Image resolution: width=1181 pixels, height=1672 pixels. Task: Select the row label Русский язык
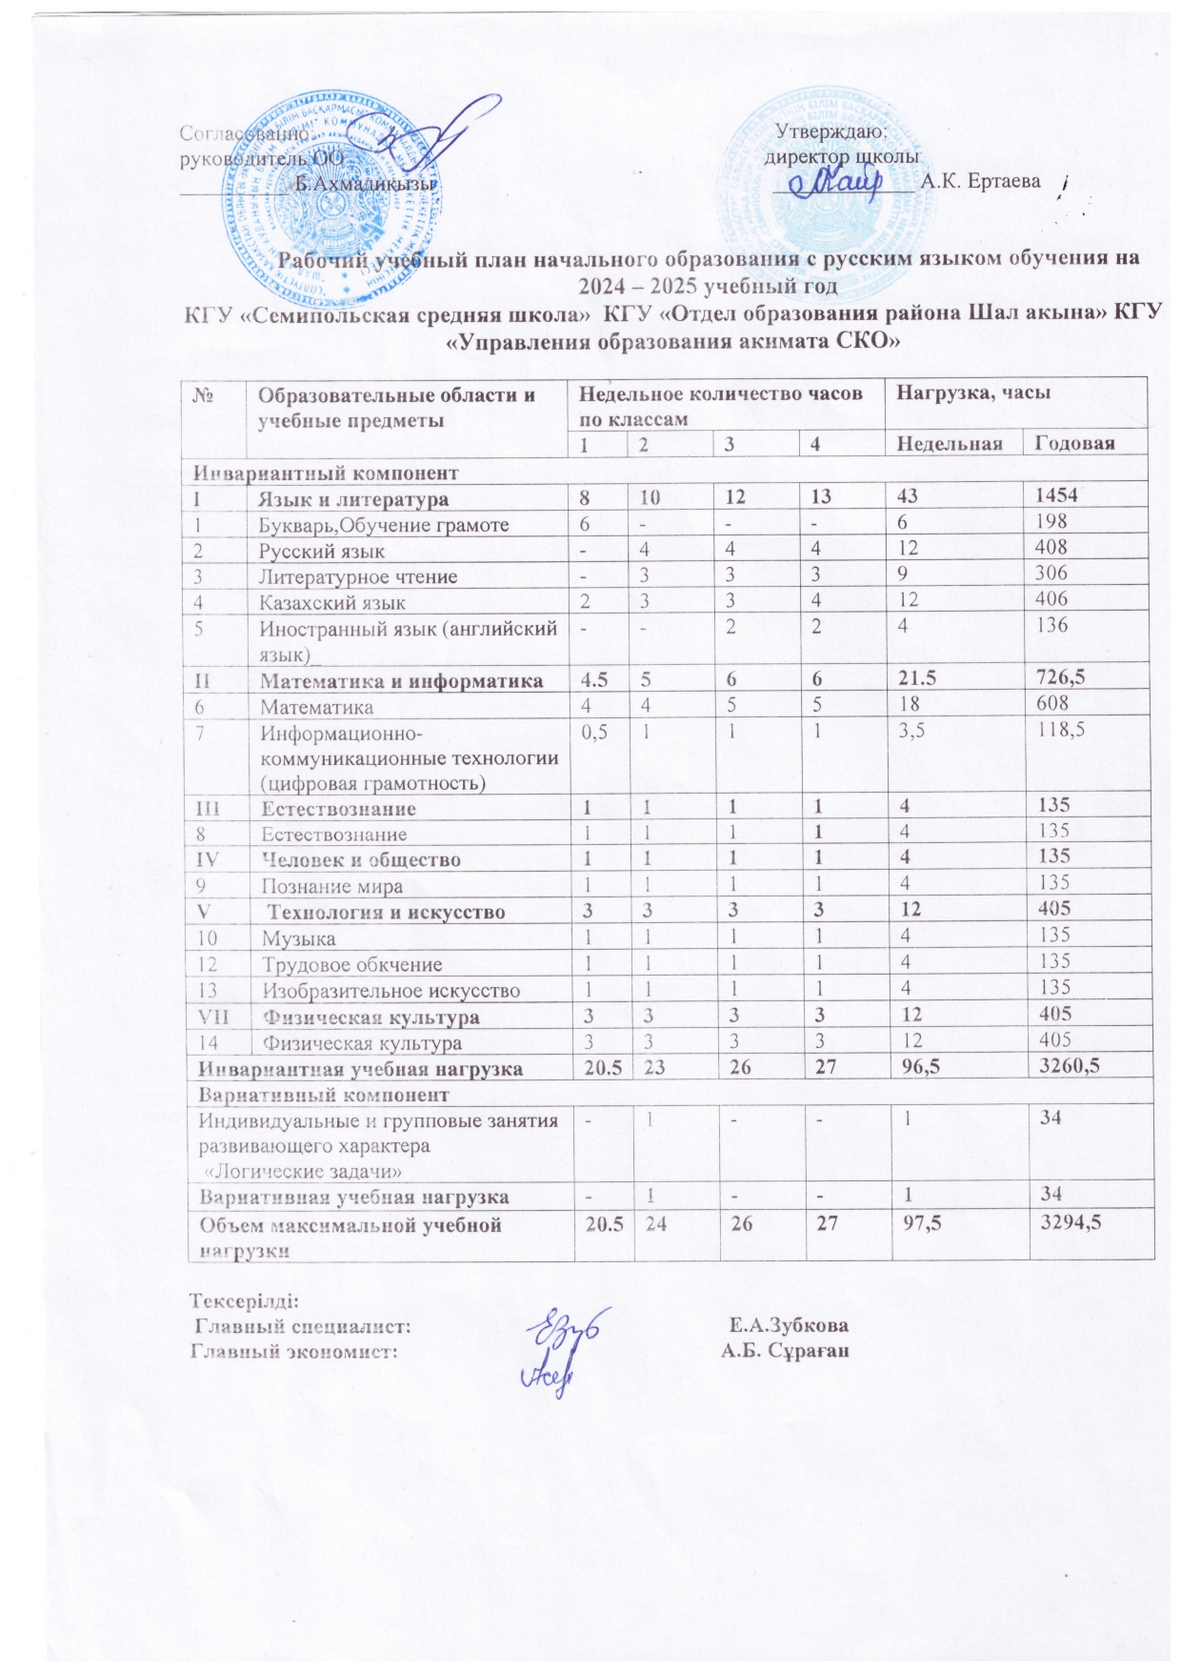coord(322,551)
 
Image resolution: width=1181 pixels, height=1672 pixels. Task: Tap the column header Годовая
coord(1074,443)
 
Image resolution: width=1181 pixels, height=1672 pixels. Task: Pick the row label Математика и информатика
coord(402,680)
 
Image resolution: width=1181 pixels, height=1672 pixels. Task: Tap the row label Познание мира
coord(332,886)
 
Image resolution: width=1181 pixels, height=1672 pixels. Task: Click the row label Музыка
coord(298,938)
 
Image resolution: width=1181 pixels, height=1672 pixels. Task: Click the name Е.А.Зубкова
coord(790,1325)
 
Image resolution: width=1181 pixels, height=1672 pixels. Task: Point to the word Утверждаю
coord(831,132)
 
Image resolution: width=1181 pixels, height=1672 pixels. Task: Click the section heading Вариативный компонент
coord(323,1095)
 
